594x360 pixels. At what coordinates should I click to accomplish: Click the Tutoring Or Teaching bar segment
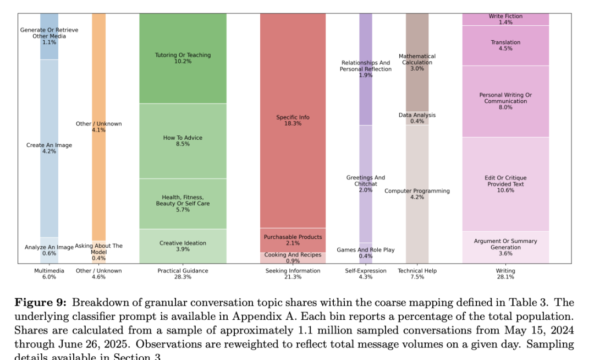tap(183, 58)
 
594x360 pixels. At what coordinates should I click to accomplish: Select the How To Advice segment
tap(183, 141)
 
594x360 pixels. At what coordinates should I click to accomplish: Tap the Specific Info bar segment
tap(293, 120)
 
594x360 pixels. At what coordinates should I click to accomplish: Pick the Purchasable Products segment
tap(293, 240)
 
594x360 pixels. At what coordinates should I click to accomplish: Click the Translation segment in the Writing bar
tap(505, 45)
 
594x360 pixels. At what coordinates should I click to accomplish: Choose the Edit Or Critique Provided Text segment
tap(505, 184)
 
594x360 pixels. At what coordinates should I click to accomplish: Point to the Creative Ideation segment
tap(183, 246)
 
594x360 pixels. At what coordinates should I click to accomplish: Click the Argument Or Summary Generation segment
tap(505, 247)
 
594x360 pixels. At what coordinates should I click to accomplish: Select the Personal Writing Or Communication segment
tap(505, 101)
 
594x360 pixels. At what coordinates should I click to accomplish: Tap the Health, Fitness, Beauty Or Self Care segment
tap(183, 204)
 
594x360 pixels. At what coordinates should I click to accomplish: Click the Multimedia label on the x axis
tap(49, 271)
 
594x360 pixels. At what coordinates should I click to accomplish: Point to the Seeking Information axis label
tap(293, 271)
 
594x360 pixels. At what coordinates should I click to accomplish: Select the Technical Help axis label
tap(417, 271)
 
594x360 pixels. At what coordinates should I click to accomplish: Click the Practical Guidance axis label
tap(183, 271)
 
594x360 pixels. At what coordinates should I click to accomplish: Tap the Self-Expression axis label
tap(366, 271)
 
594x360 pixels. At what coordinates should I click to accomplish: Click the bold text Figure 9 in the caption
tap(41, 302)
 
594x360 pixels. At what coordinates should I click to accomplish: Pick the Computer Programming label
tap(417, 191)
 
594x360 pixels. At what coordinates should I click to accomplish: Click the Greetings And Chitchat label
tap(366, 181)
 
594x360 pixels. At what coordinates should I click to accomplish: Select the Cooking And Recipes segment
tap(293, 258)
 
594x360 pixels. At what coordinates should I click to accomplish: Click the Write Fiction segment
tap(505, 19)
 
